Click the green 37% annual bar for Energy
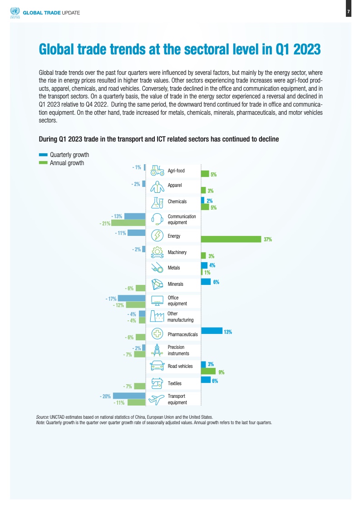tap(231, 239)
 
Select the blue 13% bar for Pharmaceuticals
tap(212, 331)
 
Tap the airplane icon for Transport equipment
tap(157, 399)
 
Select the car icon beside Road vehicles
tap(157, 366)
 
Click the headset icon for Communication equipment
tap(157, 219)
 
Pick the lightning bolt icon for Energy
tap(157, 235)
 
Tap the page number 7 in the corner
tap(348, 12)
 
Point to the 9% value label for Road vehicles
tap(222, 372)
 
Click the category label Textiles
tap(175, 383)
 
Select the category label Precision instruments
tap(178, 350)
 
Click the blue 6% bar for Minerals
tap(206, 282)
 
